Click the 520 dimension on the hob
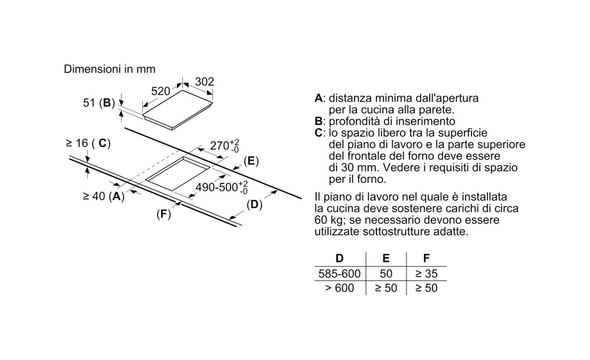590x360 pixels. click(160, 91)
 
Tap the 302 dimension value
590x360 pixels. click(205, 81)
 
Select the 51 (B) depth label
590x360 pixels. click(99, 103)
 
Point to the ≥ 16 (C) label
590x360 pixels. click(88, 143)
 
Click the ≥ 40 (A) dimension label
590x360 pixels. click(103, 196)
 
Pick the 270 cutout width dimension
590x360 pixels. click(225, 145)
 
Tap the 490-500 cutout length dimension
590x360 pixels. click(222, 186)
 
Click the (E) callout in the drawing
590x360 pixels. click(251, 161)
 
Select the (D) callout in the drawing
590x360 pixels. click(254, 205)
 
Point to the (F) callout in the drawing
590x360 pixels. click(163, 214)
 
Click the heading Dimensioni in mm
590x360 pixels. click(110, 69)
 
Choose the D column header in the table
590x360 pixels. click(339, 258)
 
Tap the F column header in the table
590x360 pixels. click(427, 258)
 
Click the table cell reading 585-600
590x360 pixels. click(339, 274)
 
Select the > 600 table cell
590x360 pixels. click(339, 288)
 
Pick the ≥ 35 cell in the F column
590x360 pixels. click(427, 274)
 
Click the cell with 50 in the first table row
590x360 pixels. click(386, 274)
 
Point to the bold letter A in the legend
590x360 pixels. click(319, 99)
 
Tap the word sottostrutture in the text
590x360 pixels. click(404, 231)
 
